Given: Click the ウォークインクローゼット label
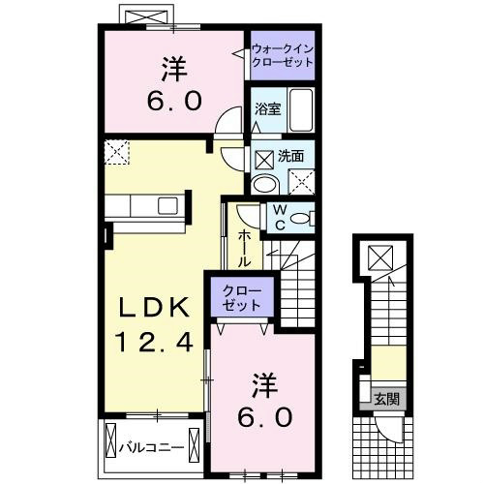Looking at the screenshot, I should pos(283,54).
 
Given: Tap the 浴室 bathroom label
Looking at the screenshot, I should pos(267,110).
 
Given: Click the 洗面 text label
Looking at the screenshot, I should pos(291,155).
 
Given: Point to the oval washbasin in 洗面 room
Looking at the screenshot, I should pos(262,184).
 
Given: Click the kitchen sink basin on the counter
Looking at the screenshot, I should pos(167,206).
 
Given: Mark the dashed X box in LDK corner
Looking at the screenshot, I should pos(117,151).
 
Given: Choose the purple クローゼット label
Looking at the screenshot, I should pos(241,297).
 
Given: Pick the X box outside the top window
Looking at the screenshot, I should pos(143,17).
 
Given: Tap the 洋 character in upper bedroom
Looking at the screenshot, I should pos(173,70).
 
